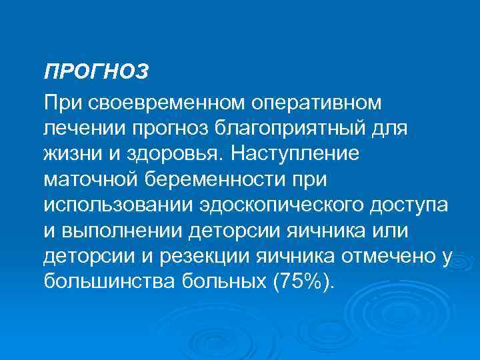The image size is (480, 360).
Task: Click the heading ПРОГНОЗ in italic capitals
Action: [x=96, y=71]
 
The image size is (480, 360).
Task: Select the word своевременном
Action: [x=167, y=103]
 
